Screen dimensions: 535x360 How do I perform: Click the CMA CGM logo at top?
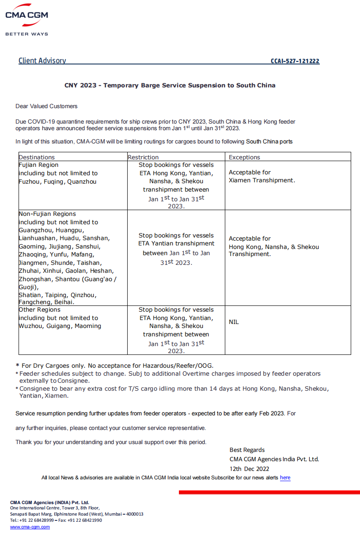(27, 15)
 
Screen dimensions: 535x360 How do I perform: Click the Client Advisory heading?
(42, 61)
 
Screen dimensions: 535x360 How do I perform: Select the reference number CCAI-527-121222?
(295, 61)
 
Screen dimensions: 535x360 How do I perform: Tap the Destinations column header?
(37, 157)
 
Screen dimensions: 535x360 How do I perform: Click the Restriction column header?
(143, 157)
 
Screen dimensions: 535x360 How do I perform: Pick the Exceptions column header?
(244, 157)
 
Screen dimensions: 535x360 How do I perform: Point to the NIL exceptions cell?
(234, 322)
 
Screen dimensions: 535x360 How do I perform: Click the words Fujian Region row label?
(38, 165)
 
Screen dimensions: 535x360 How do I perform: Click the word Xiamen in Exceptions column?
(240, 180)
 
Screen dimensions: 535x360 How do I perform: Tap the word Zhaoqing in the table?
(32, 255)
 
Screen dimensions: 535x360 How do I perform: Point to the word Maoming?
(87, 326)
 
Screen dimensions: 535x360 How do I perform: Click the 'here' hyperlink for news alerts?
(285, 478)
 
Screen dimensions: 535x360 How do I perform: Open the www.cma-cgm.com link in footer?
(30, 527)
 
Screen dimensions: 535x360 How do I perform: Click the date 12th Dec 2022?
(249, 469)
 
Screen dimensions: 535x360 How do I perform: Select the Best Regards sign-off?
(247, 450)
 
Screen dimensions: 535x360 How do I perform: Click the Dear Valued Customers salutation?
(46, 106)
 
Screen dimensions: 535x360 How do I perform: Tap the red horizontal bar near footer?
(269, 492)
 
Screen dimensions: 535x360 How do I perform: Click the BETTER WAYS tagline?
(27, 34)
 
